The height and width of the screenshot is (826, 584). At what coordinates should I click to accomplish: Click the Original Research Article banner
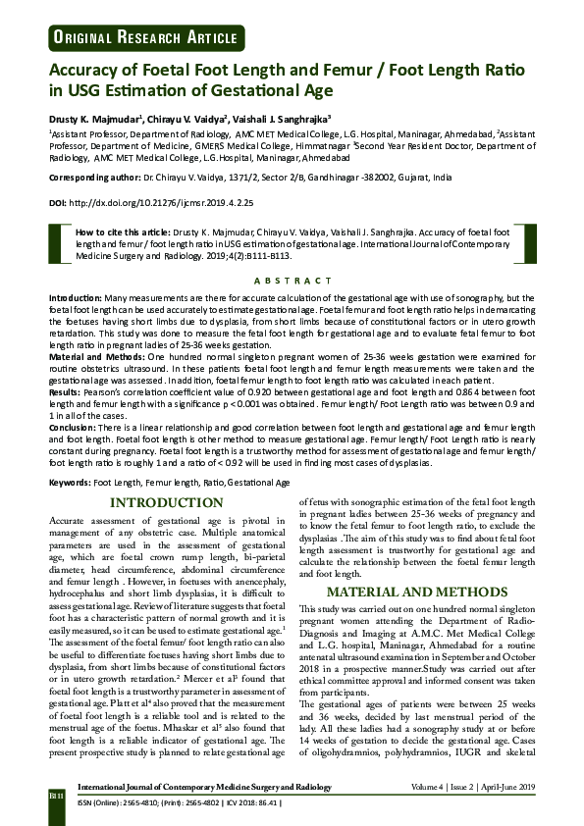coord(138,37)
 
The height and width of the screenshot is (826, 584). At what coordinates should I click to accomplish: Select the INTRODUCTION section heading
coord(166,503)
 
